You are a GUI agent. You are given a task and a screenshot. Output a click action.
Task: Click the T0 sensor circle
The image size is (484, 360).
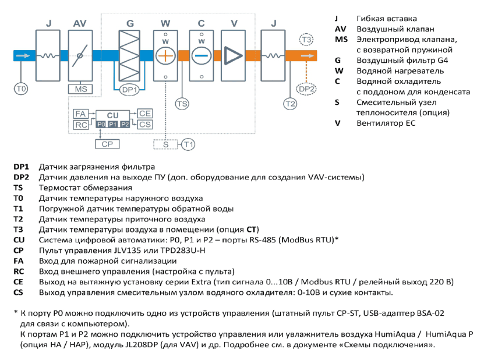pos(21,89)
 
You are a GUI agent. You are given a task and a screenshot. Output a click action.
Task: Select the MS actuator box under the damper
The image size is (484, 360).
pos(80,89)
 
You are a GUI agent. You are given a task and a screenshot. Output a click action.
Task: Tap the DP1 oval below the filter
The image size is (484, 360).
pos(129,90)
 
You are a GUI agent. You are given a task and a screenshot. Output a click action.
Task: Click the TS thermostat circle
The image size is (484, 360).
pos(182,104)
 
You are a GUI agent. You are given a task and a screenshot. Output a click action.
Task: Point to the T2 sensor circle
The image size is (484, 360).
pos(290,104)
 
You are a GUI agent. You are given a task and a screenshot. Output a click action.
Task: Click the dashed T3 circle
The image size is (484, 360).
pos(306,40)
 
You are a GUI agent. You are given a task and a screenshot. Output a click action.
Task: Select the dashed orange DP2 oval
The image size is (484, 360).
pos(306,89)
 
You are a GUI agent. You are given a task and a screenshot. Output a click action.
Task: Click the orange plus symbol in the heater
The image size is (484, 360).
pos(165,56)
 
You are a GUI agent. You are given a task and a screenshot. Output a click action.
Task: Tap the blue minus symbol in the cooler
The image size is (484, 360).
pos(202,56)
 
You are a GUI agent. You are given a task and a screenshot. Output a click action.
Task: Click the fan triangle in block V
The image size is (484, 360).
pos(233,56)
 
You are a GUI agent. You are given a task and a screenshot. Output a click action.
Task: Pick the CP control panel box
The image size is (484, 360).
pos(107,144)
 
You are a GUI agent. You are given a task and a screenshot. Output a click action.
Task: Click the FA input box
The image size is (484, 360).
pos(81,114)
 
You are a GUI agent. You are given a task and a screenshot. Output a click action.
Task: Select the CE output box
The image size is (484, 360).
pos(145,114)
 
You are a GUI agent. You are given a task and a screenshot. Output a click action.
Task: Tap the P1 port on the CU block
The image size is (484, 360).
pos(112,124)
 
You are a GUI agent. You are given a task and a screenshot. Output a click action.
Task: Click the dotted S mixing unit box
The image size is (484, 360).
pos(166,144)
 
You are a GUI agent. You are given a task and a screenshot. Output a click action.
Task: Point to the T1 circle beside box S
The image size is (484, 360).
pos(188,144)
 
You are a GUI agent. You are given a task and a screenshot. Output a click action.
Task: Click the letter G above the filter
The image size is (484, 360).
pos(130,23)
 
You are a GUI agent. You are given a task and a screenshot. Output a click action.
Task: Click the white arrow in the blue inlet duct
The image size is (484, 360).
pos(23,56)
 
